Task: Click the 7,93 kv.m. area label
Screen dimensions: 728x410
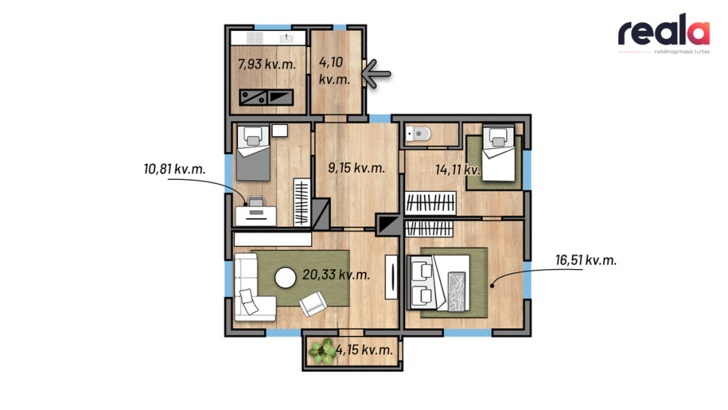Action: (x=267, y=64)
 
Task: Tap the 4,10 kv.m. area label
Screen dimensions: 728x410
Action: (x=334, y=70)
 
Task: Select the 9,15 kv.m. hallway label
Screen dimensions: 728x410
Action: (x=356, y=168)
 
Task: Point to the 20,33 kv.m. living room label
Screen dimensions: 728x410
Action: (x=336, y=275)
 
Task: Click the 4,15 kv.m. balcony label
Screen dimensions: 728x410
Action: (x=364, y=350)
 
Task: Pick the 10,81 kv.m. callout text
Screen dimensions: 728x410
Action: (x=175, y=169)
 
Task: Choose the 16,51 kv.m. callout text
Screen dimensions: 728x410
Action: (x=586, y=260)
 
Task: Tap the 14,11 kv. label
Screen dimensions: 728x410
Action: (x=457, y=170)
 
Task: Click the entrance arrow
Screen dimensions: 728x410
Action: (x=376, y=73)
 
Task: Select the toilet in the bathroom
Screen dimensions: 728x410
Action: (x=418, y=135)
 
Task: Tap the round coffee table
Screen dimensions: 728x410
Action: (x=285, y=278)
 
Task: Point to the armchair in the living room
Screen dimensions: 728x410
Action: (x=313, y=304)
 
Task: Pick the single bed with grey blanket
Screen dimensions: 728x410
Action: (x=253, y=153)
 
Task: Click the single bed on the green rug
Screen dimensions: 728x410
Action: (x=499, y=153)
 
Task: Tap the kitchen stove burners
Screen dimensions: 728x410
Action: (x=255, y=37)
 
